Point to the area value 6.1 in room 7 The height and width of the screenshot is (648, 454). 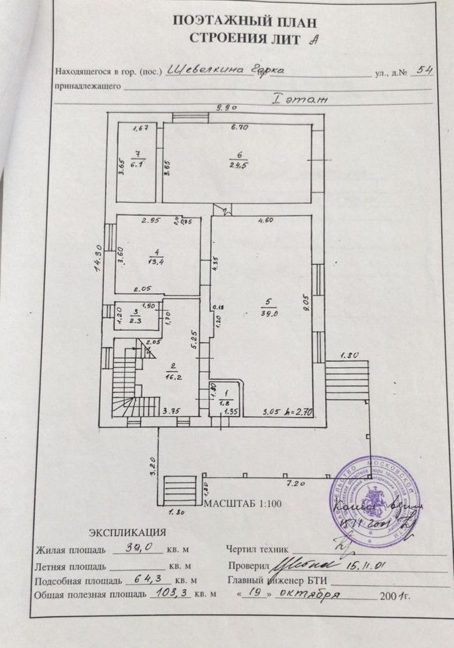point(136,164)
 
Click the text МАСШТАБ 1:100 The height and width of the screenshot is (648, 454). point(242,503)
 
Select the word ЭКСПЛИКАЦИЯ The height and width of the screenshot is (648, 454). point(127,532)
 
